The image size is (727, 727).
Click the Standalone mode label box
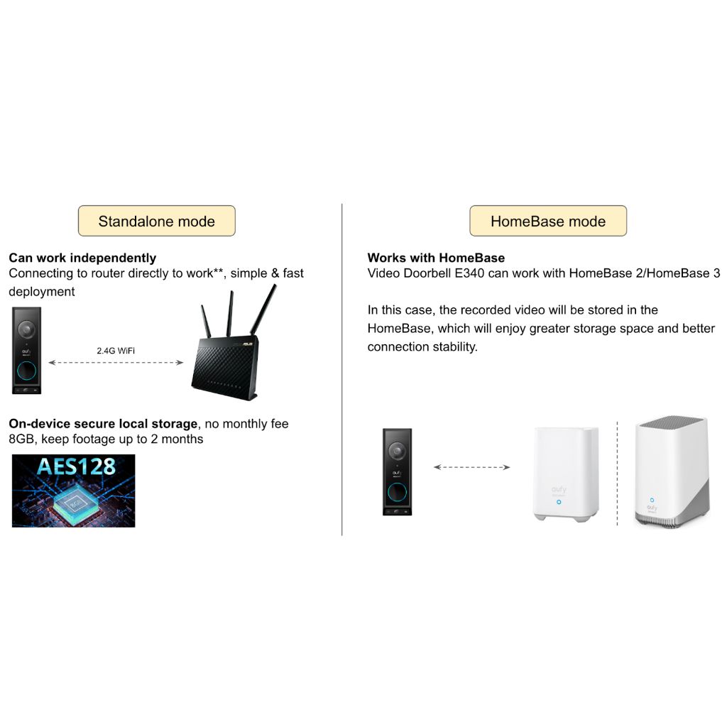[156, 221]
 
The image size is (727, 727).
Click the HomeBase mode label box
[547, 221]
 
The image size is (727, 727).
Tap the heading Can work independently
[82, 258]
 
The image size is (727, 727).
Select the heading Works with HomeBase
[436, 258]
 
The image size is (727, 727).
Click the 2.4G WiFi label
[116, 351]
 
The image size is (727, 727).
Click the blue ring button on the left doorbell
[27, 369]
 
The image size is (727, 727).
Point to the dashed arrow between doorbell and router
[116, 363]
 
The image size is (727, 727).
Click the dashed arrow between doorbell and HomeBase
[472, 467]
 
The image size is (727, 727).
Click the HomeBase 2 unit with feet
[566, 474]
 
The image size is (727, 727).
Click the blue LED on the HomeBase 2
[559, 502]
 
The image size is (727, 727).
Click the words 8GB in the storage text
[23, 439]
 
